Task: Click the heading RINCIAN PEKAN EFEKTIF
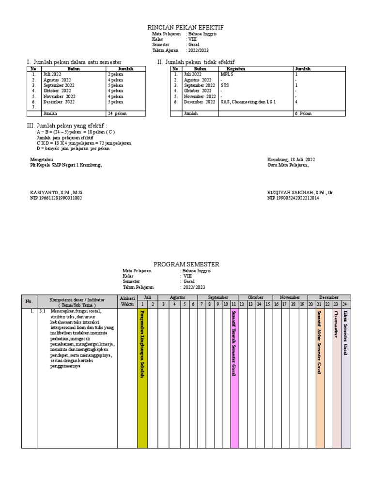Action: (x=186, y=28)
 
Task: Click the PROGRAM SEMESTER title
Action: (x=186, y=264)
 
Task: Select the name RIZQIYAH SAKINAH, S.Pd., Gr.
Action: (x=300, y=192)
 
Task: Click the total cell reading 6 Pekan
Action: (x=304, y=113)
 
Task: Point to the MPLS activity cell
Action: (x=227, y=75)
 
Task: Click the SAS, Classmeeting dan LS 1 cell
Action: (x=248, y=102)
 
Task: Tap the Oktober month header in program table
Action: (x=255, y=297)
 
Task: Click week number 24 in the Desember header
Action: (x=345, y=304)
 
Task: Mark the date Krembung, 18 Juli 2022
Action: (x=291, y=159)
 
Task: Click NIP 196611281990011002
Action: (x=56, y=198)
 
